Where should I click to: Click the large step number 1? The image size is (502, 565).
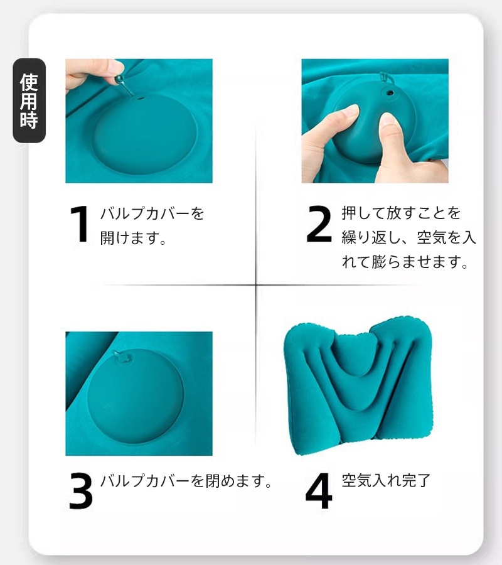[x=80, y=224]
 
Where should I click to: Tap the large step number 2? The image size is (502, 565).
[x=319, y=223]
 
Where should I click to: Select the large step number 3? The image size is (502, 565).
[x=81, y=491]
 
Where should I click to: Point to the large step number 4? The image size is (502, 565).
[x=319, y=491]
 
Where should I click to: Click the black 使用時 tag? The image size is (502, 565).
[x=29, y=100]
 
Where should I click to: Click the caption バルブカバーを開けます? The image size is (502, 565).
[x=152, y=225]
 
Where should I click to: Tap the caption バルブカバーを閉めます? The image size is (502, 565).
[x=186, y=481]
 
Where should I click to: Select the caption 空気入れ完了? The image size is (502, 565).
[x=386, y=480]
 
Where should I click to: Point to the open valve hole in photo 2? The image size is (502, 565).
[x=390, y=93]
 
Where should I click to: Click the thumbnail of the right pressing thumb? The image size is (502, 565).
[x=387, y=120]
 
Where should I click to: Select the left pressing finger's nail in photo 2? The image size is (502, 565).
[x=351, y=111]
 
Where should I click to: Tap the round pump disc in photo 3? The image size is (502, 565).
[x=136, y=395]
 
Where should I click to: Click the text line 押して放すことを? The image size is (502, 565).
[x=401, y=213]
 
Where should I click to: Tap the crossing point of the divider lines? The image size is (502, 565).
[x=256, y=285]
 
